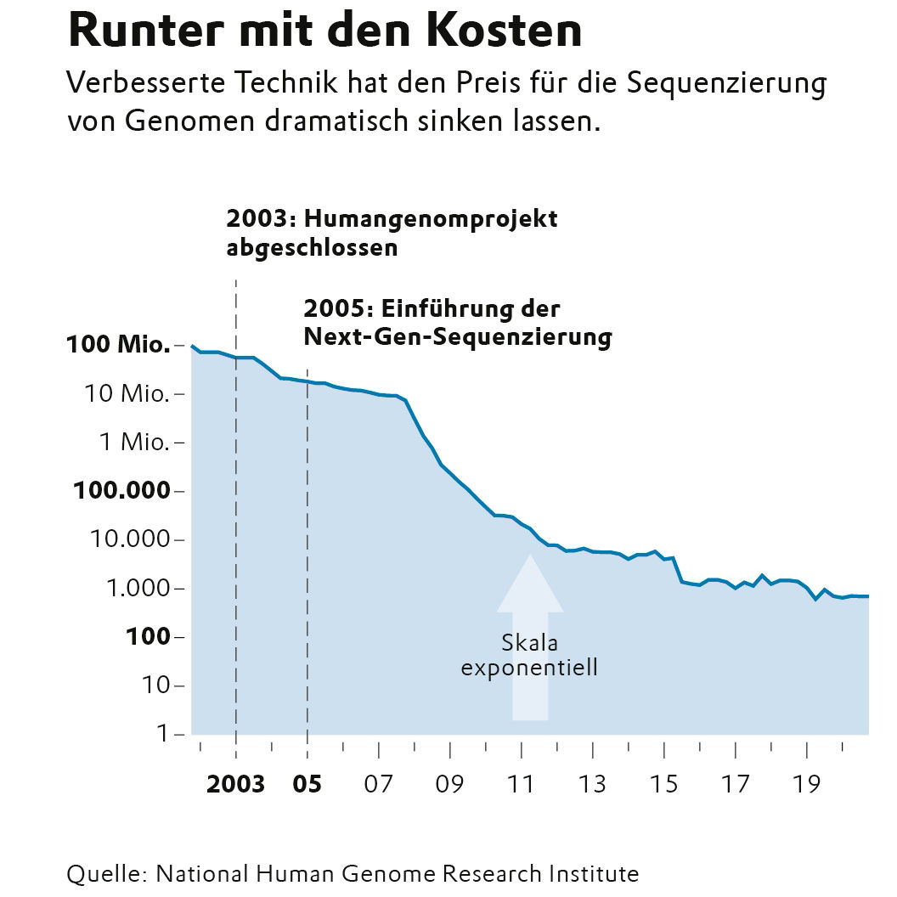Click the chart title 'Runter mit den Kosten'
[324, 32]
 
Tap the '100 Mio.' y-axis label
[117, 346]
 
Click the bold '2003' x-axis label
[235, 784]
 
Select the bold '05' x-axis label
[307, 784]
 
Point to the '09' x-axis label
[449, 784]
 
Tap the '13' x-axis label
[592, 784]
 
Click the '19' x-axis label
[806, 784]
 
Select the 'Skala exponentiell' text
[529, 656]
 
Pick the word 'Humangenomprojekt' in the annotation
[430, 219]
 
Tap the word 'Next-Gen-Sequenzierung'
[457, 337]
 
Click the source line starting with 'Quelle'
[353, 873]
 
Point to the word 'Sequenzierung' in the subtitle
[727, 85]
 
